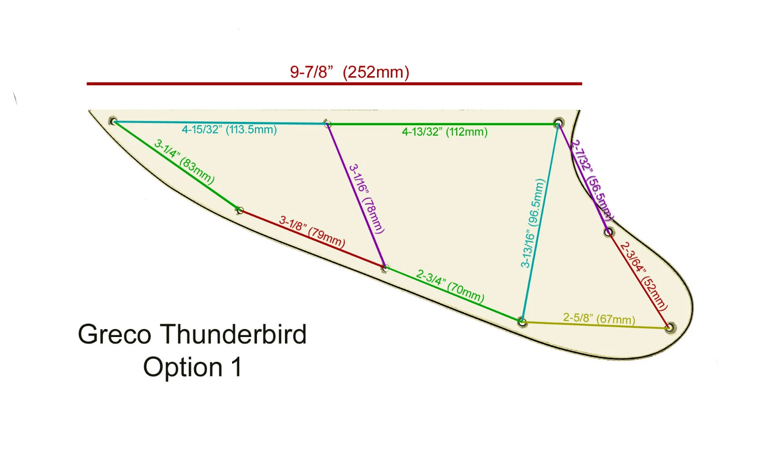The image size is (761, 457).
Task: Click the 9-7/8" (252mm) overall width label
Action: coord(350,72)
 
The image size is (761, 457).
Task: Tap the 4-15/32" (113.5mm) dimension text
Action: coord(229,129)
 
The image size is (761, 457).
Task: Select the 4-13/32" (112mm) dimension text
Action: coord(445,132)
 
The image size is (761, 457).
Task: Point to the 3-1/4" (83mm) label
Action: coord(184,162)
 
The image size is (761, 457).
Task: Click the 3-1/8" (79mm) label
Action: coord(312,231)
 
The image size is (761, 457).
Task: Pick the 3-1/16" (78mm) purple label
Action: coord(366,199)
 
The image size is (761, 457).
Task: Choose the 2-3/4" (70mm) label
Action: coord(450,286)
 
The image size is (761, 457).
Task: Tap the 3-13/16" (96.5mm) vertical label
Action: coord(532,223)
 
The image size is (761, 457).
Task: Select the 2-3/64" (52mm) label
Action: coord(644,276)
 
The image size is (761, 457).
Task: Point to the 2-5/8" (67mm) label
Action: coord(599,318)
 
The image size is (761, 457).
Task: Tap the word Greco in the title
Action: coord(115,334)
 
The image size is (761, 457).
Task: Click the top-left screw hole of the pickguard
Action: coord(113,121)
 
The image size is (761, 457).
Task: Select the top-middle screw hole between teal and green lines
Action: coord(327,124)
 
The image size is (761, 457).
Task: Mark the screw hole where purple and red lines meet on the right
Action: coord(608,232)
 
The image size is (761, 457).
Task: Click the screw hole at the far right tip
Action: coord(669,328)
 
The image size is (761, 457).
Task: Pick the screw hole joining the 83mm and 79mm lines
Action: coord(240,210)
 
